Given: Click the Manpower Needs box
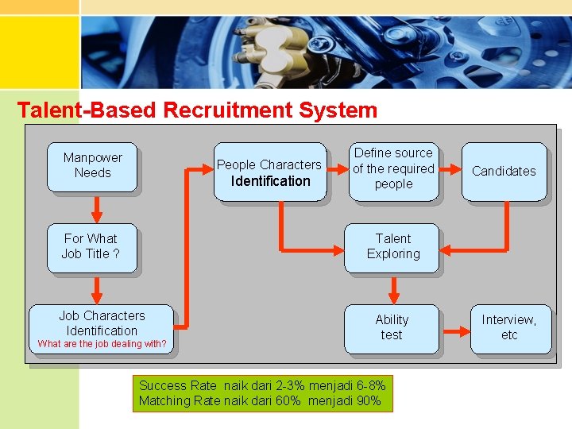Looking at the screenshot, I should point(92,166).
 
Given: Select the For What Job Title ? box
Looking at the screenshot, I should point(91,247).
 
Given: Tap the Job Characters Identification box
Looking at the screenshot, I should point(102,325).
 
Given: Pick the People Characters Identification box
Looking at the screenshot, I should point(269,172).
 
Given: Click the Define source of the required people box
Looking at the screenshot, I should point(393,168).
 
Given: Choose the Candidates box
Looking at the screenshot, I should point(504,171).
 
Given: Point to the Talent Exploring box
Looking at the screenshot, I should point(392,247).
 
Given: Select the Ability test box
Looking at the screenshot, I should point(391,327).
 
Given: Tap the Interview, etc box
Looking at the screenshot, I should point(508,327).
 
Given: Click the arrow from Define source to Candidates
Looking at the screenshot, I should point(450,169).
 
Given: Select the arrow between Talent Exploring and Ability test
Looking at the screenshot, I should point(392,288).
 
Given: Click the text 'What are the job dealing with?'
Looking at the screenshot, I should point(102,344).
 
